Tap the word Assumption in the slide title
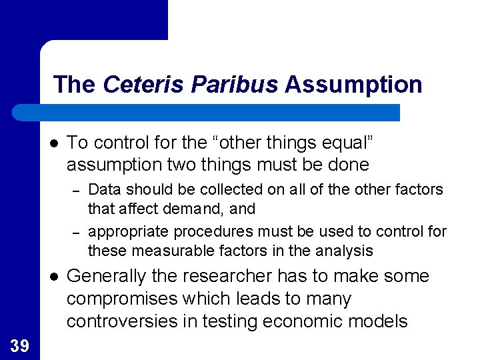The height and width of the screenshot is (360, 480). tap(353, 85)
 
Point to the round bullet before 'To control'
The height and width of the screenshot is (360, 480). tap(53, 143)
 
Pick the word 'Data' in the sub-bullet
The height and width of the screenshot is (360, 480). tap(103, 189)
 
